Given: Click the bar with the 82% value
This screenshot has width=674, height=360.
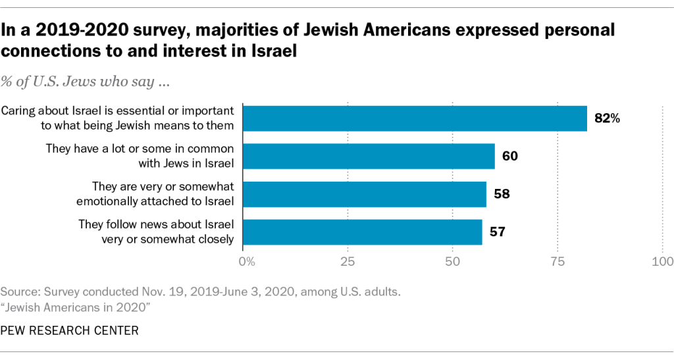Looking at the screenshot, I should [x=415, y=118].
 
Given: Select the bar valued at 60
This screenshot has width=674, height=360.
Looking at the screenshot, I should [x=369, y=157].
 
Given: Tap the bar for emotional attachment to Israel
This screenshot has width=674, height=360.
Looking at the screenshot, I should [x=365, y=194].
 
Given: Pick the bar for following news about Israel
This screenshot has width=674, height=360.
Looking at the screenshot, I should [x=363, y=232].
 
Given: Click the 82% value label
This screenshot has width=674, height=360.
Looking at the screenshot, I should [x=608, y=119].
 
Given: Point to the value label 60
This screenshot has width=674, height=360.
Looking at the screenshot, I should [x=510, y=157].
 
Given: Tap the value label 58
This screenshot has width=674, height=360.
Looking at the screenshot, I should [x=502, y=194].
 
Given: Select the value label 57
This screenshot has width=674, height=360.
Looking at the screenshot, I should [x=498, y=232].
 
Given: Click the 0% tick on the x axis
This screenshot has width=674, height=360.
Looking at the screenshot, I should [x=246, y=262].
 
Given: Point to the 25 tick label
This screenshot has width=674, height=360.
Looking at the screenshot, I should [x=348, y=262].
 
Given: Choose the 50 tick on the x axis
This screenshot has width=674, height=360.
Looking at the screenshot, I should [x=452, y=262].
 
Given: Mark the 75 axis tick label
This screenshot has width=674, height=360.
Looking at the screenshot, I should [x=557, y=262].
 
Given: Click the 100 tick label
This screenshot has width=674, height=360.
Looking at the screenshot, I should [x=661, y=262].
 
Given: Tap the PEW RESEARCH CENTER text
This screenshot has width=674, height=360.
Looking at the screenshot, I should [x=70, y=330].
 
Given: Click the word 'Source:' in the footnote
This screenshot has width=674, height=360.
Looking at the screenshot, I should [x=18, y=291].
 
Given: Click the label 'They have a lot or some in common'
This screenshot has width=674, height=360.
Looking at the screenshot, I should [x=140, y=149].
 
